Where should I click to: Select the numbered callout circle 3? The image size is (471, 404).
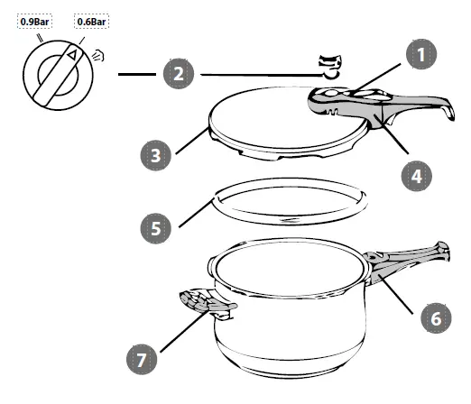[x=158, y=156]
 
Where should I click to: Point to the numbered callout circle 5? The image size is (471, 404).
[x=158, y=228]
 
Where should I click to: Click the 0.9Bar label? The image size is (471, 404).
[x=33, y=19]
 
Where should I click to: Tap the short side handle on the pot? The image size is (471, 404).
[x=203, y=305]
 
